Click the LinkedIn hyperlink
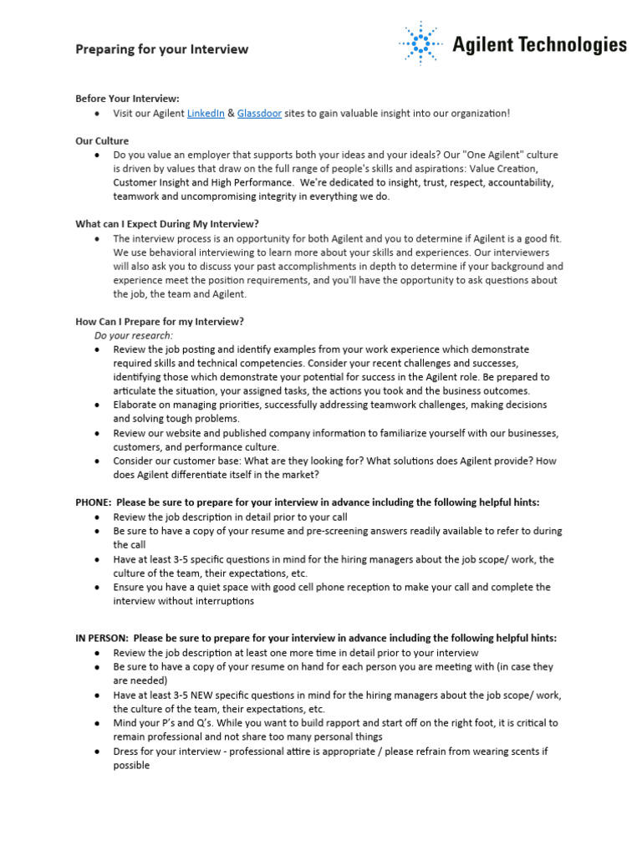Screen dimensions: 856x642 click(206, 114)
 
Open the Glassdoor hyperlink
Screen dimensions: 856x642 click(259, 114)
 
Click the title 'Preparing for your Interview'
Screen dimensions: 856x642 click(162, 49)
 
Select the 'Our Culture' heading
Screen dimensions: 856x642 click(102, 140)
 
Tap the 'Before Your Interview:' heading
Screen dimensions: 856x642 click(127, 99)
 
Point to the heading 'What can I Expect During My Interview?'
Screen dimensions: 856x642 click(167, 224)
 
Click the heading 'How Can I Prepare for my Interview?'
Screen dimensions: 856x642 click(160, 321)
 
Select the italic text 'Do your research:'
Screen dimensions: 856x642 click(134, 335)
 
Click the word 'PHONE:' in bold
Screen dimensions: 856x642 click(94, 502)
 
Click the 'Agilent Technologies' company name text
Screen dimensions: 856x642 click(539, 44)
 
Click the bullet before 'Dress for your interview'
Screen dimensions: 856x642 click(99, 752)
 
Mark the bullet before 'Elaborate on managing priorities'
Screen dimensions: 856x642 click(99, 405)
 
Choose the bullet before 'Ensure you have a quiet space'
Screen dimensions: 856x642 click(99, 588)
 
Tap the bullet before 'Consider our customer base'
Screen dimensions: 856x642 click(99, 461)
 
